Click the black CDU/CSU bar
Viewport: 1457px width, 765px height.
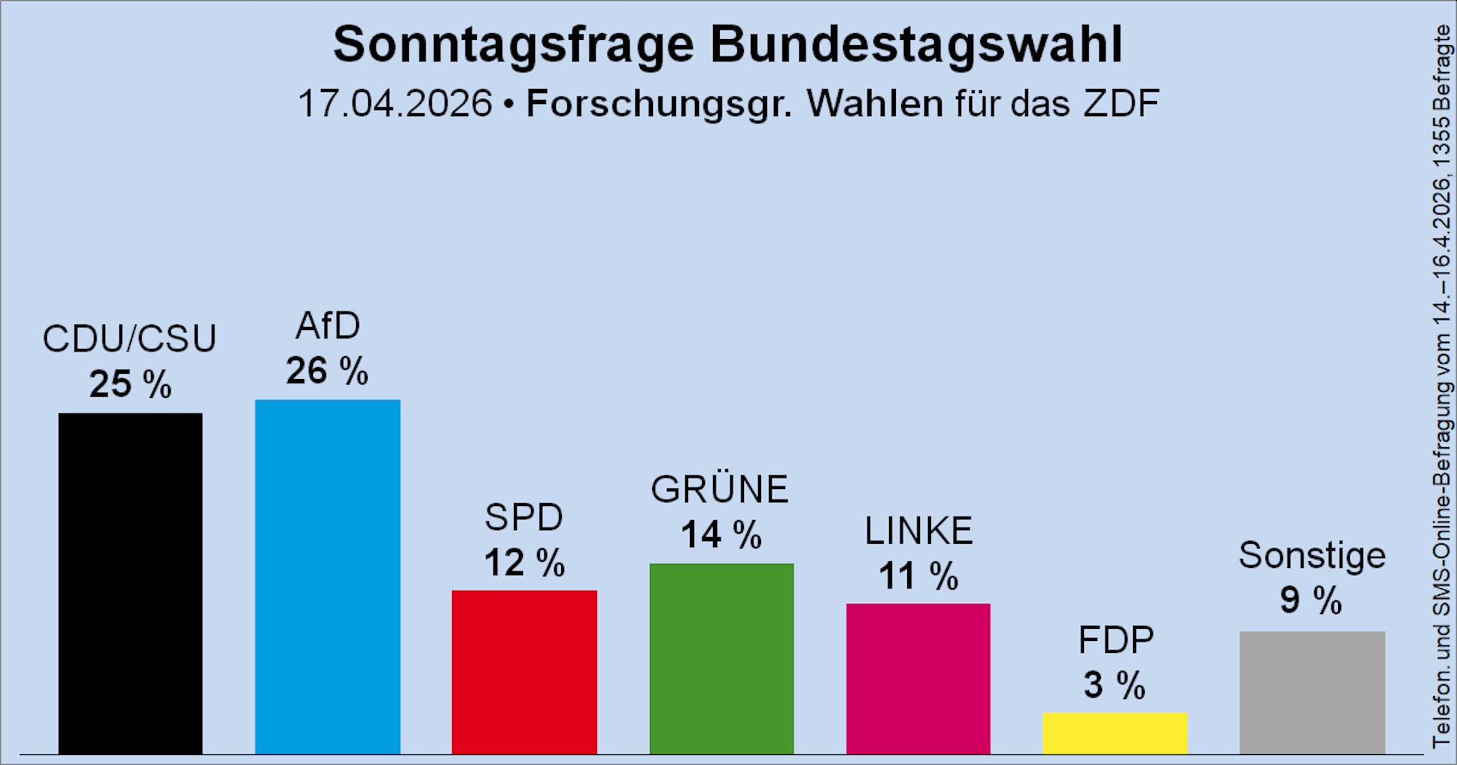pyautogui.click(x=130, y=584)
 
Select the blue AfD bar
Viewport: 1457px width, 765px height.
pyautogui.click(x=327, y=577)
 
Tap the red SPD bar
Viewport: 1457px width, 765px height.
pyautogui.click(x=524, y=672)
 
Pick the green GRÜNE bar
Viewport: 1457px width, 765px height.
pyautogui.click(x=721, y=658)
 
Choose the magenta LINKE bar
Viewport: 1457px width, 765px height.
pyautogui.click(x=918, y=679)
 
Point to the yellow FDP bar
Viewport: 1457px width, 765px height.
pyautogui.click(x=1115, y=733)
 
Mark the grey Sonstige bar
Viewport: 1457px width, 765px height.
pyautogui.click(x=1312, y=692)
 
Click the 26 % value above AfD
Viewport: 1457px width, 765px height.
pyautogui.click(x=327, y=371)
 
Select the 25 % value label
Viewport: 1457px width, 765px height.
pyautogui.click(x=130, y=385)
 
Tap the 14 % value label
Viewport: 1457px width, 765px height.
pyautogui.click(x=721, y=535)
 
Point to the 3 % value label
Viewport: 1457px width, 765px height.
pyautogui.click(x=1114, y=685)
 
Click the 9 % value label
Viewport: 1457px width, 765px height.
pyautogui.click(x=1311, y=600)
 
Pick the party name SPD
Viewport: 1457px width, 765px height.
pyautogui.click(x=524, y=517)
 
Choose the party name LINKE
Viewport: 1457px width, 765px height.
pyautogui.click(x=919, y=531)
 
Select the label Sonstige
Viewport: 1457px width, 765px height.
pyautogui.click(x=1312, y=556)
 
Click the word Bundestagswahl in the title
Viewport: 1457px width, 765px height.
pyautogui.click(x=916, y=45)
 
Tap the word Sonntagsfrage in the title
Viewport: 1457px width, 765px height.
pyautogui.click(x=513, y=45)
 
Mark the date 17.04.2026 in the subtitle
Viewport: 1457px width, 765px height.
pyautogui.click(x=395, y=104)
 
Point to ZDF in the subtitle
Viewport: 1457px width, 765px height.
pyautogui.click(x=1121, y=104)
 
